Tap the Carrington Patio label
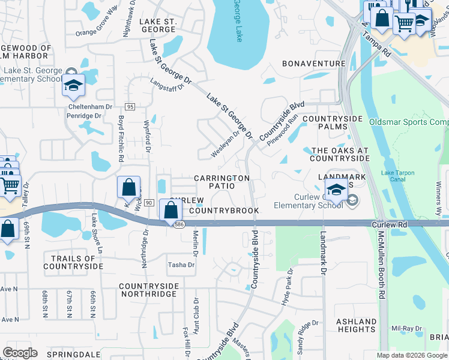(221, 182)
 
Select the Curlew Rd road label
(390, 224)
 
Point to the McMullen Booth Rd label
(381, 266)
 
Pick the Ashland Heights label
(356, 325)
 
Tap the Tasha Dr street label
(181, 265)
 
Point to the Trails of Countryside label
(73, 262)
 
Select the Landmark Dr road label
(323, 254)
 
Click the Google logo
(20, 352)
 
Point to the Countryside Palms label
(334, 123)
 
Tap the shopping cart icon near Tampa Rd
(404, 24)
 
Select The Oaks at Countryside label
(340, 154)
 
